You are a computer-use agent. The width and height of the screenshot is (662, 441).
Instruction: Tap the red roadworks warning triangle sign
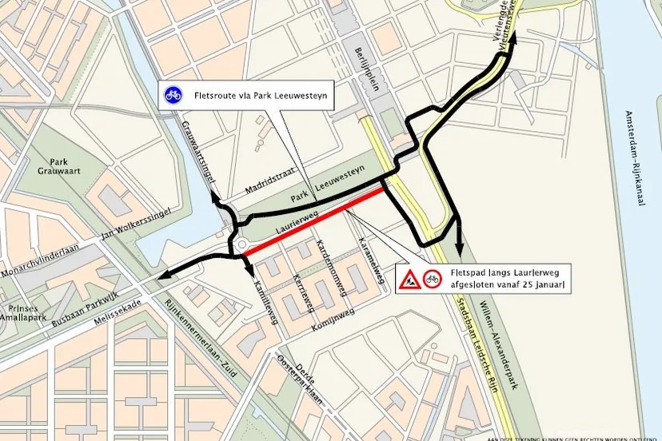[407, 280]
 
